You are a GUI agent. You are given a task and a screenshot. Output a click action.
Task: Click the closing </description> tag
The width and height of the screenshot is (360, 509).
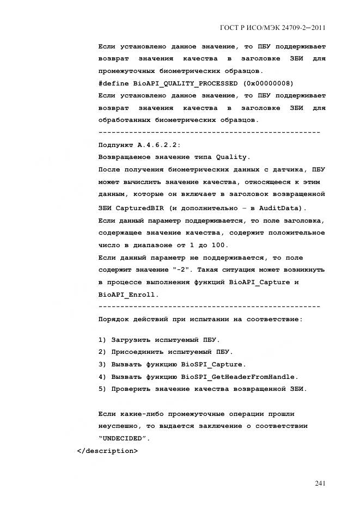(x=108, y=451)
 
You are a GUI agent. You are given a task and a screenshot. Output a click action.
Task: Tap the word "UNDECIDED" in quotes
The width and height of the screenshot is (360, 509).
(x=124, y=438)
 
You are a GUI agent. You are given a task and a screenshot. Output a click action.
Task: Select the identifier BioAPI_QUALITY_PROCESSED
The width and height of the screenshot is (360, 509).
(x=185, y=83)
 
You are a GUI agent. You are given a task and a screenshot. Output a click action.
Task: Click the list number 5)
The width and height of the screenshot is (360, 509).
(x=102, y=389)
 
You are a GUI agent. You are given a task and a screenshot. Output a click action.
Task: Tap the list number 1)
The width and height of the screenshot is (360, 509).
(x=102, y=340)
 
